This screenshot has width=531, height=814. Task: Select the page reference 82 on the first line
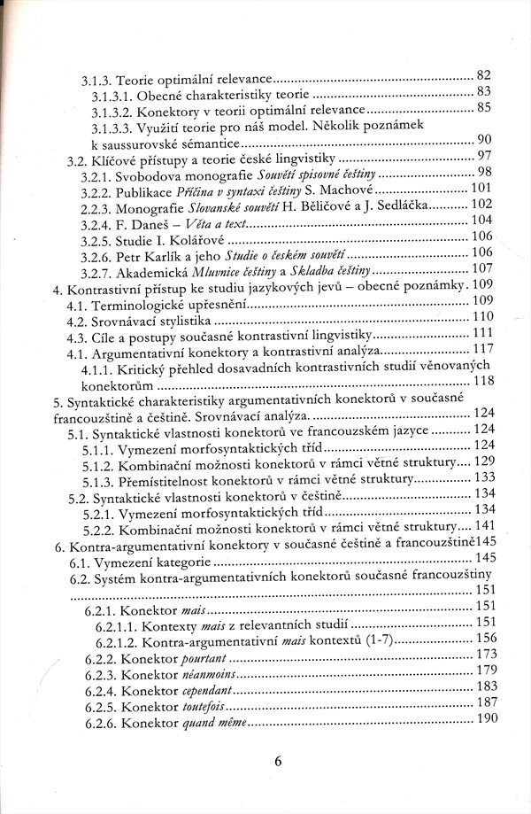click(x=483, y=74)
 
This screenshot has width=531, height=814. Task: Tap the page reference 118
click(x=483, y=381)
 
